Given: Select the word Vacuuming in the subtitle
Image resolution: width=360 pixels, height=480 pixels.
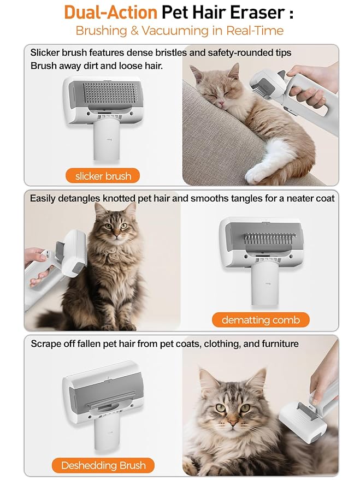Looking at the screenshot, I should (x=176, y=30).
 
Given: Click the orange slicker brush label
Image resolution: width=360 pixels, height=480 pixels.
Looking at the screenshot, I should (x=103, y=176).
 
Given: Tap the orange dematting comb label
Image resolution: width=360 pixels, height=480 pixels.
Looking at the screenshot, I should (x=261, y=319).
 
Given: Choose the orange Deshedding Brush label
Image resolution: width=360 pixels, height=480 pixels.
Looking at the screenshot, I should (x=103, y=465).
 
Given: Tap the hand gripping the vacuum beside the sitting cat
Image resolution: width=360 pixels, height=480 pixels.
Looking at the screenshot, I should (x=38, y=268).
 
